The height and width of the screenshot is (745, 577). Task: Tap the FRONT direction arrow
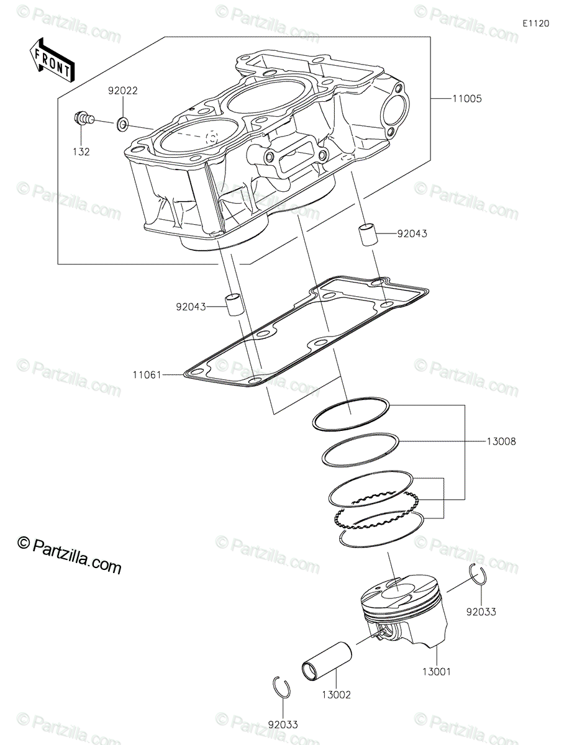click(x=52, y=59)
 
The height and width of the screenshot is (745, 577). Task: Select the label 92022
click(x=122, y=90)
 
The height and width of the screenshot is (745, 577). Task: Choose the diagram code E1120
click(x=535, y=24)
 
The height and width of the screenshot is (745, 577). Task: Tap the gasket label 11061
click(x=147, y=375)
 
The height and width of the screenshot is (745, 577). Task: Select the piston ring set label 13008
click(x=501, y=441)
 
